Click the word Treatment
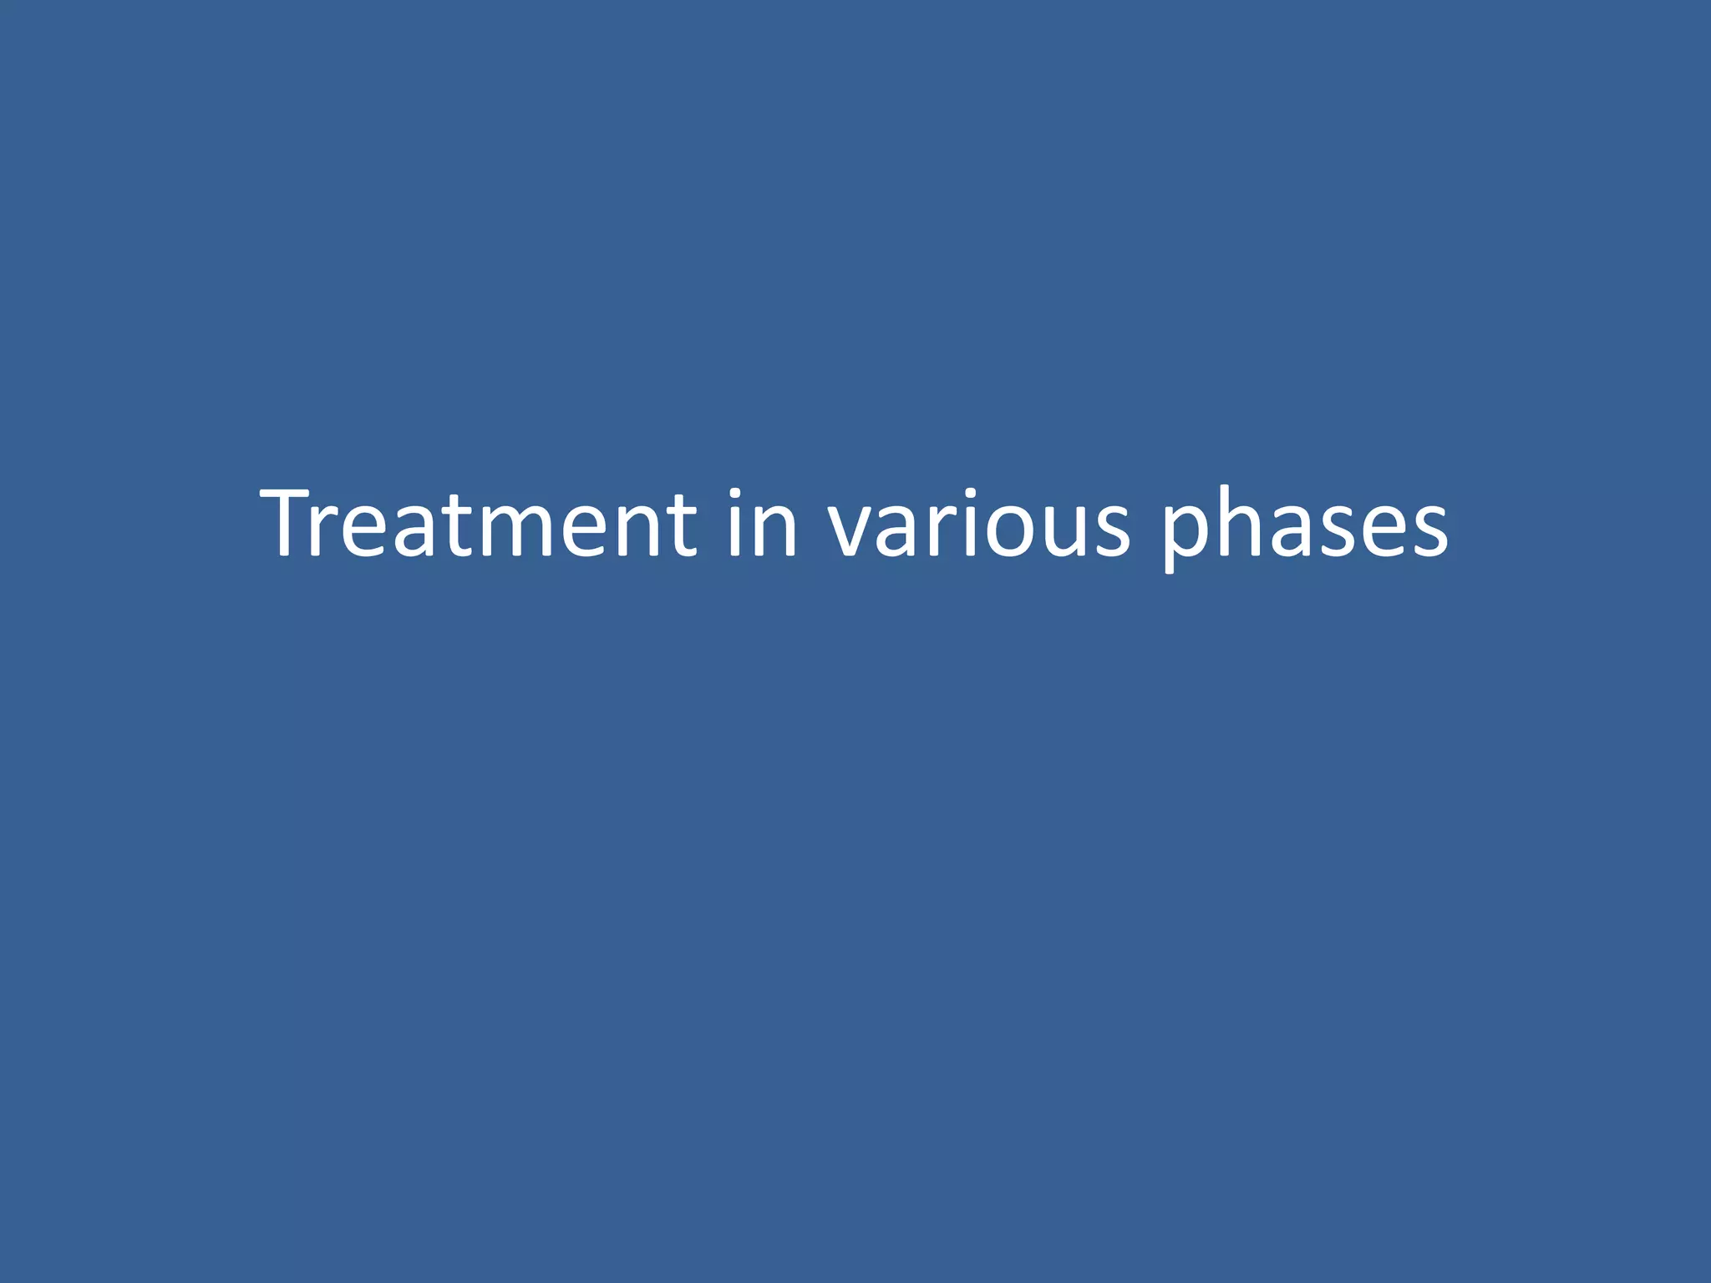pyautogui.click(x=478, y=524)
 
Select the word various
pyautogui.click(x=978, y=524)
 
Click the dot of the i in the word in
pyautogui.click(x=734, y=494)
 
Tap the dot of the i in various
pyautogui.click(x=968, y=494)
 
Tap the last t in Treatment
pyautogui.click(x=681, y=524)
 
